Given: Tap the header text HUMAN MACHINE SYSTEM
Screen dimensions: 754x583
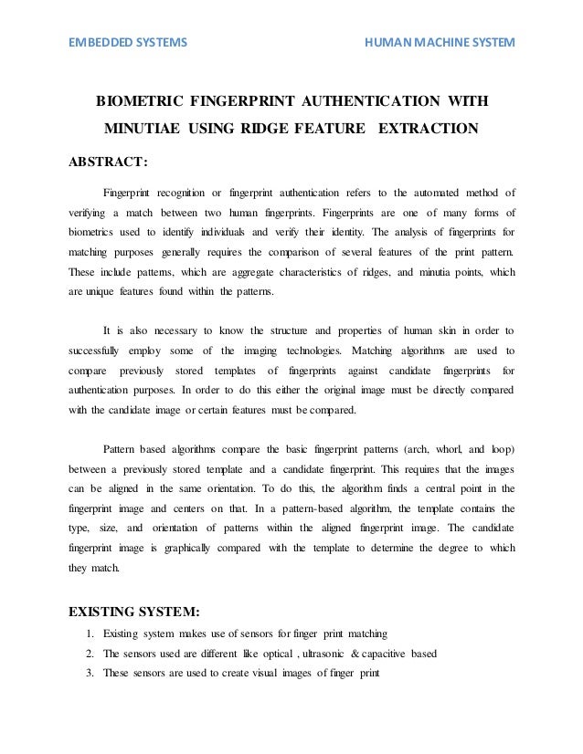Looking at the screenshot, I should click(x=440, y=43).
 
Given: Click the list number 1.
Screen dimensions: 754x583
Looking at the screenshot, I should click(x=88, y=633).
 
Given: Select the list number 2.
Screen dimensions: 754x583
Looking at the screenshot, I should click(x=88, y=654).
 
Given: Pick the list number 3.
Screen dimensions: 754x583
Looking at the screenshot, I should click(x=88, y=675).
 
